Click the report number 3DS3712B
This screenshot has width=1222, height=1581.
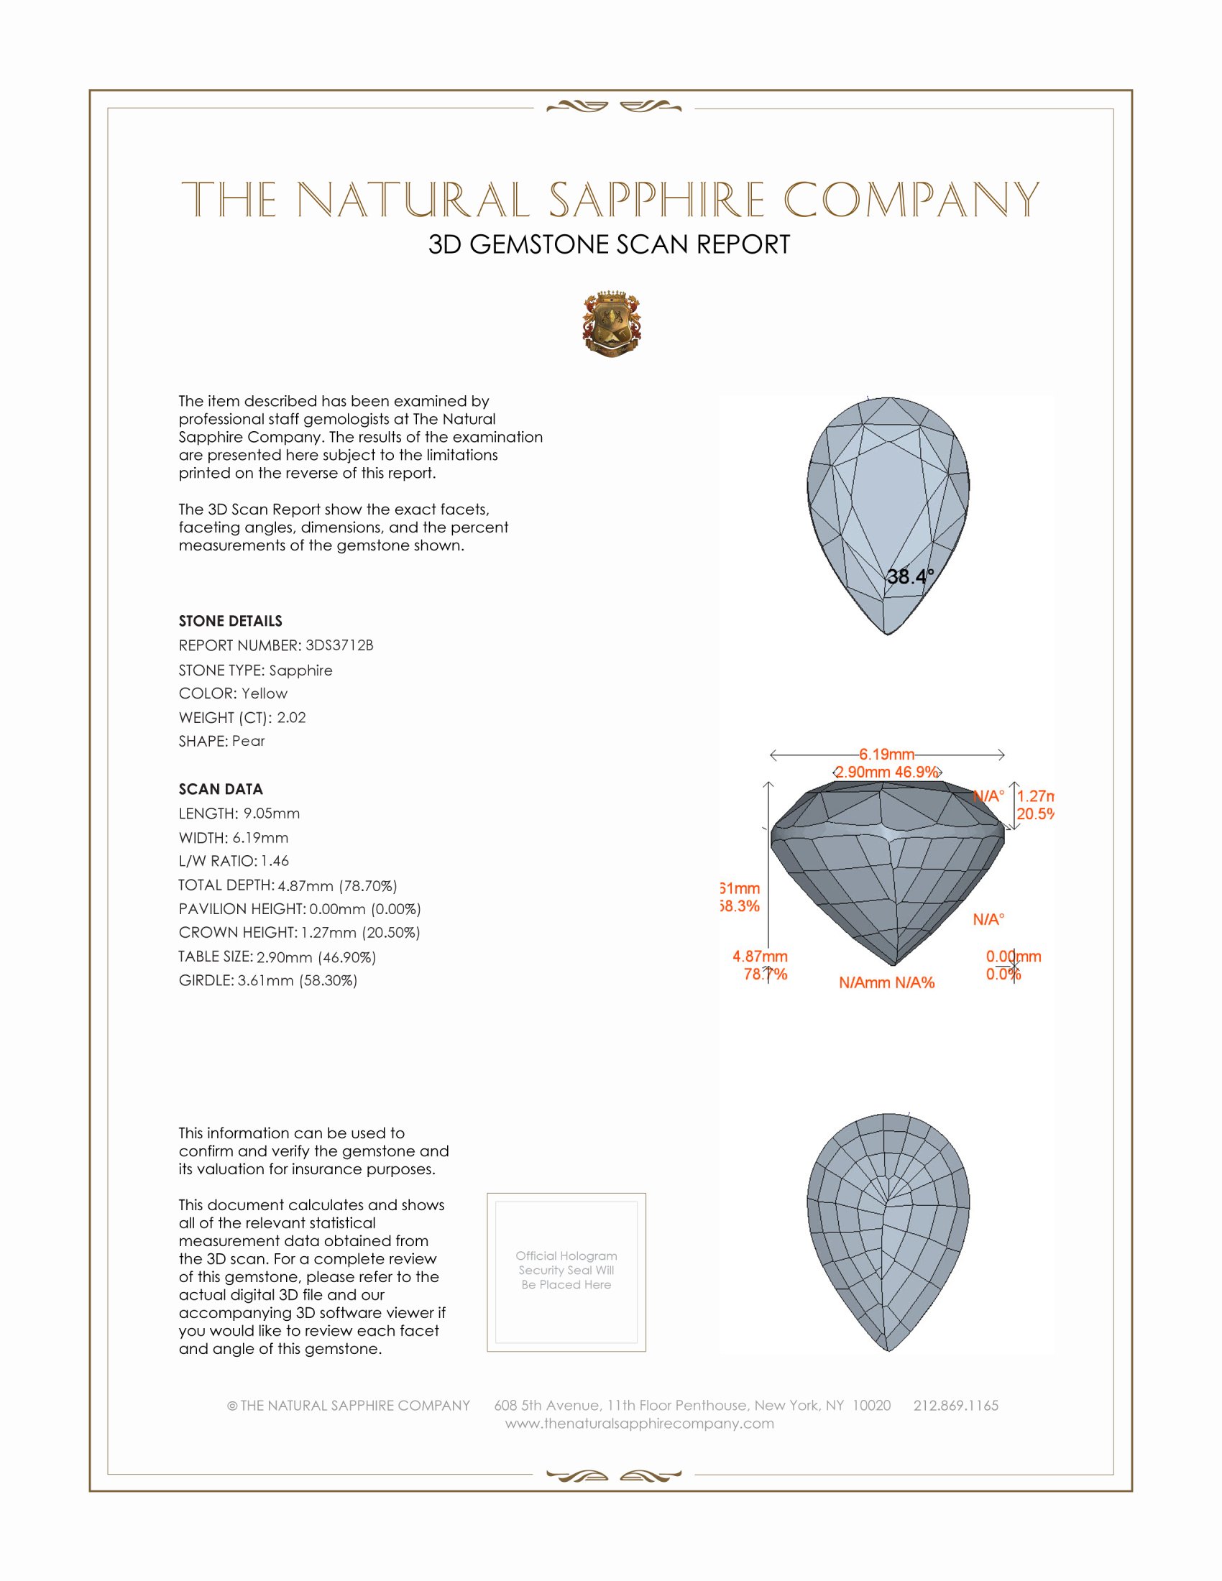coord(339,645)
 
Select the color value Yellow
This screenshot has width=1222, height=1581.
coord(265,693)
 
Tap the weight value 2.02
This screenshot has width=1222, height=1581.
coord(291,717)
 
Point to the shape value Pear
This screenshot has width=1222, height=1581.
coord(248,742)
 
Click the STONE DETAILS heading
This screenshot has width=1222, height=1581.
coord(230,621)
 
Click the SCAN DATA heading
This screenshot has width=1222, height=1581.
coord(221,789)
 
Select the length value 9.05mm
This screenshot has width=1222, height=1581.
coord(272,813)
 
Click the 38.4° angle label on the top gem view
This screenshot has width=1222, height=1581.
coord(910,577)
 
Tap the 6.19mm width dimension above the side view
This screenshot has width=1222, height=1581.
coord(887,755)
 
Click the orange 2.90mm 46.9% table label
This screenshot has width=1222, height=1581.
coord(887,773)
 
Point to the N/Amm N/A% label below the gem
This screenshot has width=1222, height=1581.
coord(887,983)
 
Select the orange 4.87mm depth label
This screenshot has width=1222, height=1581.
coord(760,957)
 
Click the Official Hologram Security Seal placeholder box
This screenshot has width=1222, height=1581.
coord(566,1272)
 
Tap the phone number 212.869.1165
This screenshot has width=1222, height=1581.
coord(955,1406)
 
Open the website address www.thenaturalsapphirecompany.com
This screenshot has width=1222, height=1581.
coord(639,1424)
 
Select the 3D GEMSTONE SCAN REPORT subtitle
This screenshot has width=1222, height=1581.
coord(609,244)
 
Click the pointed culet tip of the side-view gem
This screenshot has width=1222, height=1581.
coord(893,964)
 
